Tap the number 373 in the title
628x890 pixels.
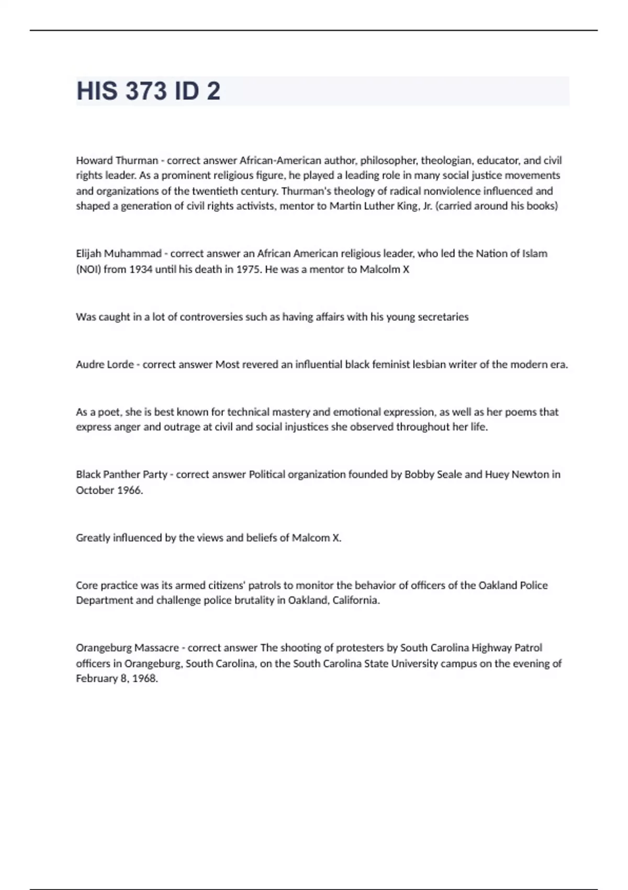pyautogui.click(x=145, y=91)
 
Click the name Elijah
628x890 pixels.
pyautogui.click(x=88, y=253)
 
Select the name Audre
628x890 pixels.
pyautogui.click(x=89, y=364)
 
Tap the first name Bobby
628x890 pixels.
pyautogui.click(x=419, y=474)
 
